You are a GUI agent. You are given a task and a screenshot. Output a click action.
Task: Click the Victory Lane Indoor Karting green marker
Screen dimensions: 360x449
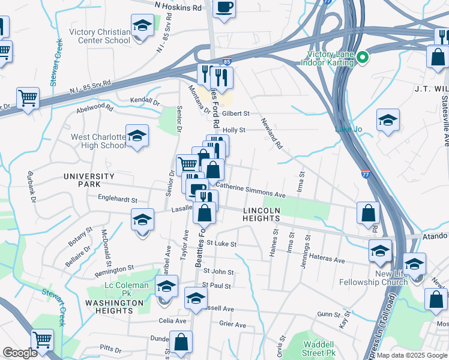coord(362,58)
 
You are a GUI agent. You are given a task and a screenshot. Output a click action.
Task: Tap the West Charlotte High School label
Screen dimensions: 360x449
coord(98,142)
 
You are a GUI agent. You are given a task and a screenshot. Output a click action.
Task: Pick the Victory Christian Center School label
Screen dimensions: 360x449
coord(100,37)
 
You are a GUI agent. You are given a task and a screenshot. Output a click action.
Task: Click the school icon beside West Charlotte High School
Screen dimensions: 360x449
coord(137,136)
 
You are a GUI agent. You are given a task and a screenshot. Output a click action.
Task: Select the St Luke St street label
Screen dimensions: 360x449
coord(221,244)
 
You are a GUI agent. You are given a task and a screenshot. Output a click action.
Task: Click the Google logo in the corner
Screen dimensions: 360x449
coord(19,353)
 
